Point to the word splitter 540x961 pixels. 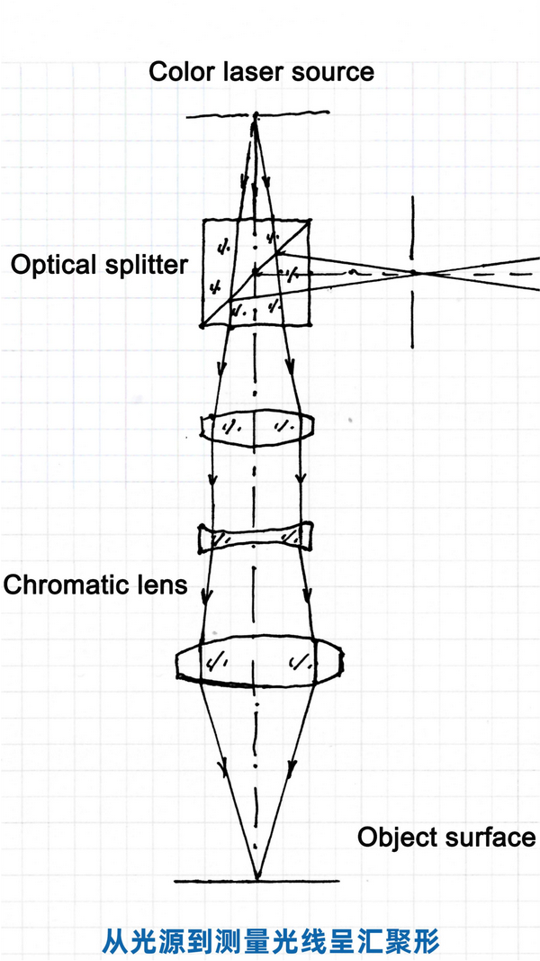145,265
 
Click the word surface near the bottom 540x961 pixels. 492,837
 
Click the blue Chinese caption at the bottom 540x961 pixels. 270,942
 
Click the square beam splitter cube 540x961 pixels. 256,271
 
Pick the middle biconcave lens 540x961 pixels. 256,538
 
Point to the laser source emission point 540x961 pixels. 256,115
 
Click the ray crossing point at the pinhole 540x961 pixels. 414,272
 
